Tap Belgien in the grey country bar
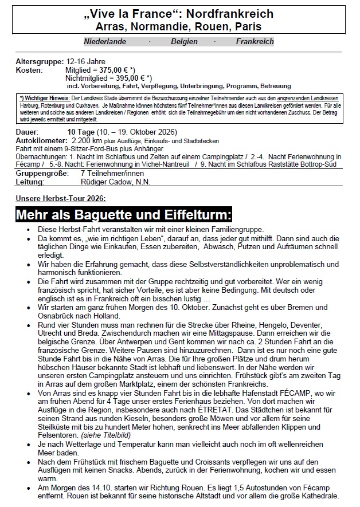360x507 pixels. point(184,42)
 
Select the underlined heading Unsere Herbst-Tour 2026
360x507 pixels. point(61,198)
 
